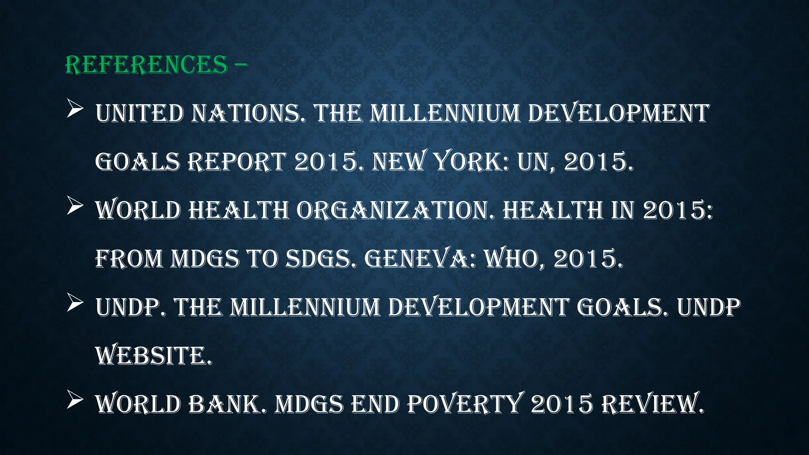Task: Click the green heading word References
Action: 146,64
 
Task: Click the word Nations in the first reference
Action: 245,113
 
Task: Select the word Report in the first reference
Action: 236,162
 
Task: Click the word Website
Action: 154,356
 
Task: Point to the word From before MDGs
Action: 129,259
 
